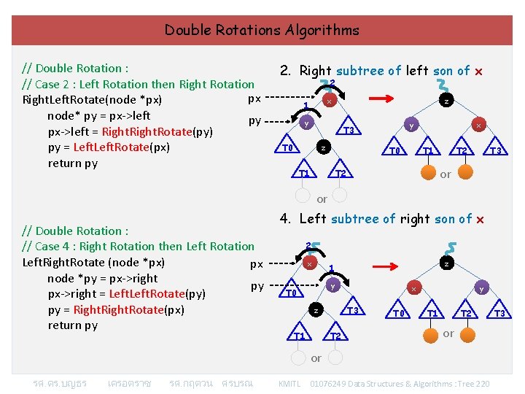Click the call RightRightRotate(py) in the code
pos(157,132)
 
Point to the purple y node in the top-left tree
pos(308,123)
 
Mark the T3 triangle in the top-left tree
pos(349,130)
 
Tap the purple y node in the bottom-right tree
pos(481,288)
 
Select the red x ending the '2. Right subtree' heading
pos(478,71)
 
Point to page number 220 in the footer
pos(481,383)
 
